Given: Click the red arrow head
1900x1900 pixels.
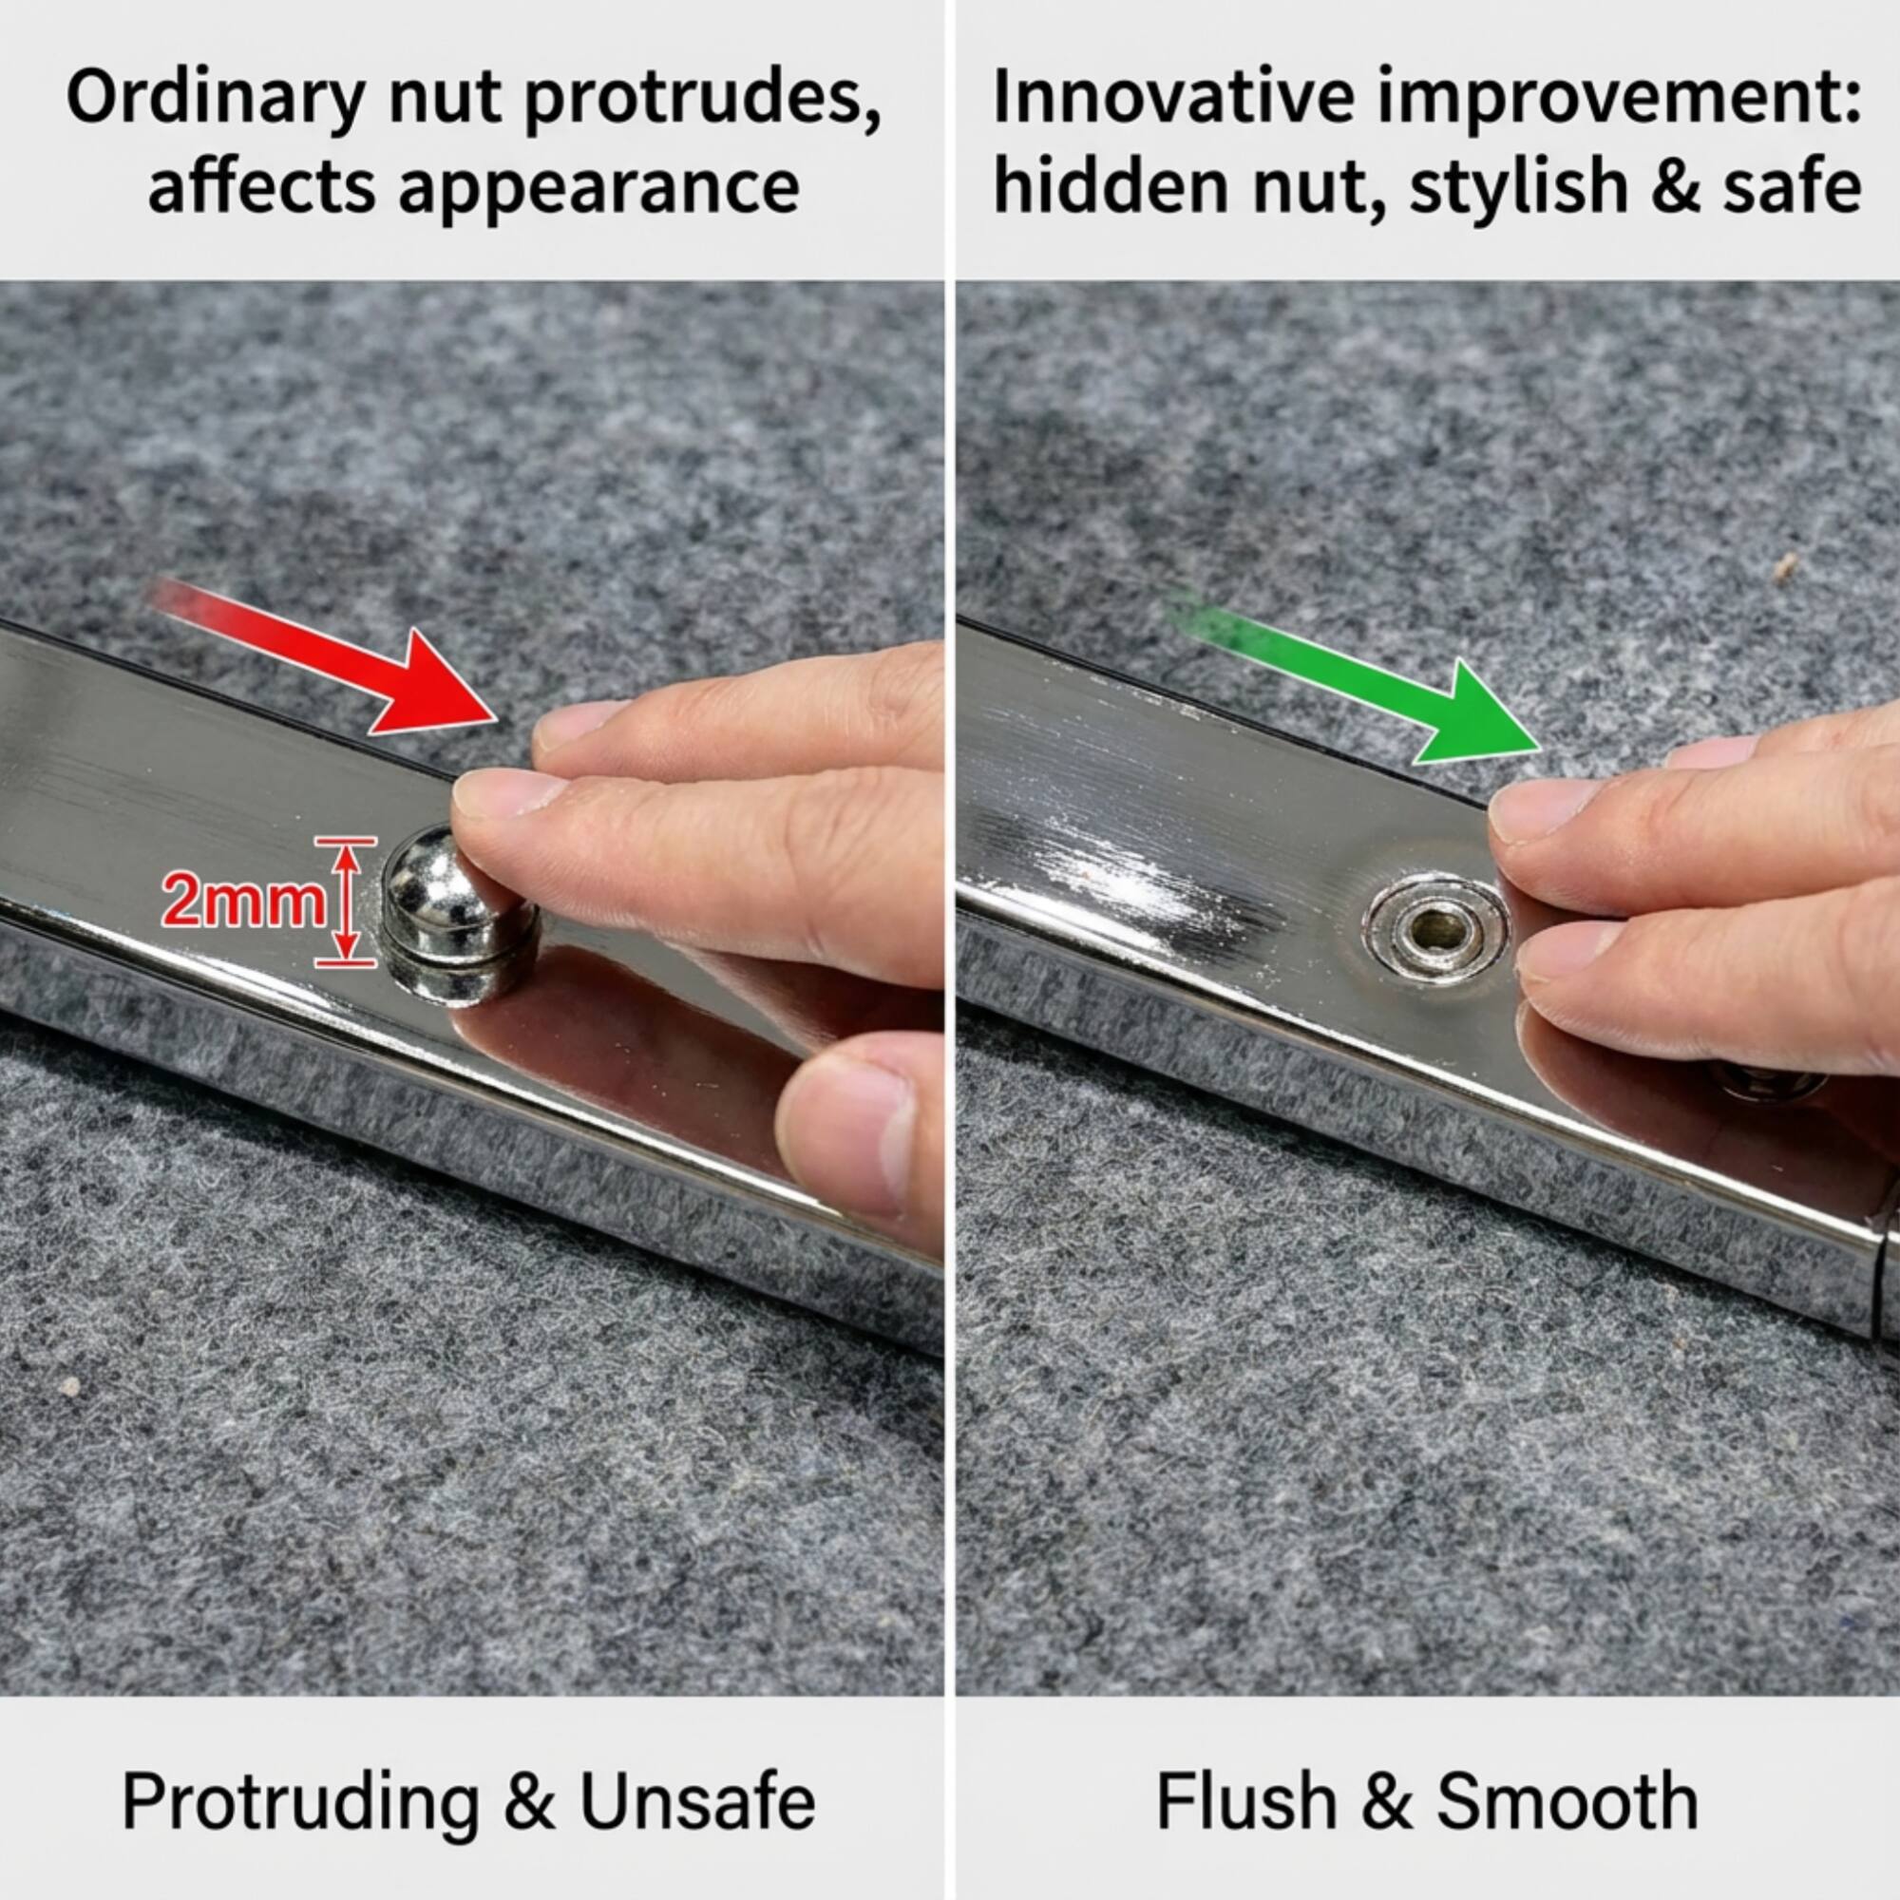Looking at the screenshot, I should (443, 689).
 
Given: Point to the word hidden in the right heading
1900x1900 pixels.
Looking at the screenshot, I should (1111, 187).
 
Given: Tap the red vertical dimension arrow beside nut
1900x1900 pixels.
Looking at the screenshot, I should (344, 900).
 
